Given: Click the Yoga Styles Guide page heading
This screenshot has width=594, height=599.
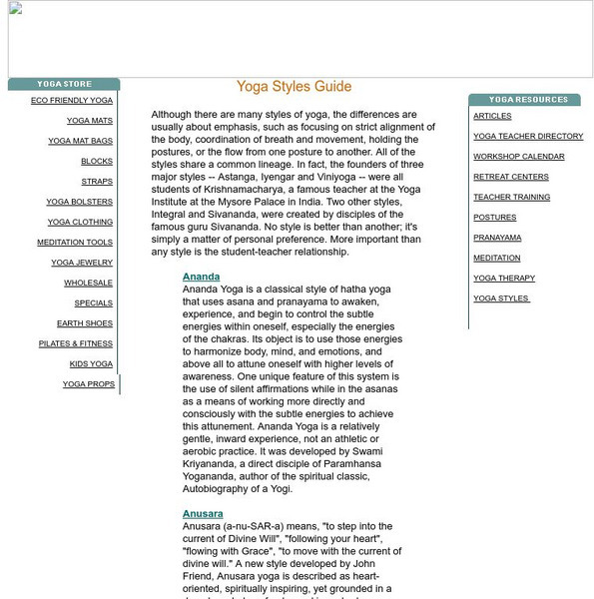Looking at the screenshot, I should (x=294, y=87).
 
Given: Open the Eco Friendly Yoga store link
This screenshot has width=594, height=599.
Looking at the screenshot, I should (x=72, y=101).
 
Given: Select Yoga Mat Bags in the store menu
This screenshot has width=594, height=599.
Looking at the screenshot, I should (x=80, y=141).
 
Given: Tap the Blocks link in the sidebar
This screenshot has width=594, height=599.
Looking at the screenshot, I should (x=97, y=162).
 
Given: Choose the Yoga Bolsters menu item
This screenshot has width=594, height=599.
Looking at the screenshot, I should (x=79, y=202).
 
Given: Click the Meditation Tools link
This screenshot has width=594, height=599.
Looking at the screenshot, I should (x=75, y=243).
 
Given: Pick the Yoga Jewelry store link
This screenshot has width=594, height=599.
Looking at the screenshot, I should (x=82, y=263).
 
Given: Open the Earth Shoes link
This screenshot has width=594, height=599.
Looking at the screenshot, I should (x=85, y=323).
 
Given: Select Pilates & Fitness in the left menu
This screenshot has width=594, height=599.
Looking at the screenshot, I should (x=76, y=343).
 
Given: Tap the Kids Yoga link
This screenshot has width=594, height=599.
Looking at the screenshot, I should (x=91, y=364).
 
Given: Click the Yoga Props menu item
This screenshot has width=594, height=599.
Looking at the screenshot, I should (x=88, y=384).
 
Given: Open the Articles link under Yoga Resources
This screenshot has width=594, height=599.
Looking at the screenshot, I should (x=492, y=116).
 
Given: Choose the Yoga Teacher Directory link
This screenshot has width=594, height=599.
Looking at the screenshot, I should (x=528, y=136).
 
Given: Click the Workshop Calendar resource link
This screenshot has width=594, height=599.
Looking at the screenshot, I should (x=518, y=157).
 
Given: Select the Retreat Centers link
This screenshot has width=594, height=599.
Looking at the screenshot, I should (x=511, y=177).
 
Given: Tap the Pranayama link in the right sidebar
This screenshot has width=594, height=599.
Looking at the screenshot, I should (x=497, y=238).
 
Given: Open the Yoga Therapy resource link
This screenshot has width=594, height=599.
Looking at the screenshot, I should (x=504, y=279).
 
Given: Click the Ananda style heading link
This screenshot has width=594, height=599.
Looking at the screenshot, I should (x=201, y=277).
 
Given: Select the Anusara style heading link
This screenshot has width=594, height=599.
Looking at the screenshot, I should (x=203, y=513).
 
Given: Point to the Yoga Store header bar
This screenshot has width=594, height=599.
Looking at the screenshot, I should (x=64, y=85).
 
